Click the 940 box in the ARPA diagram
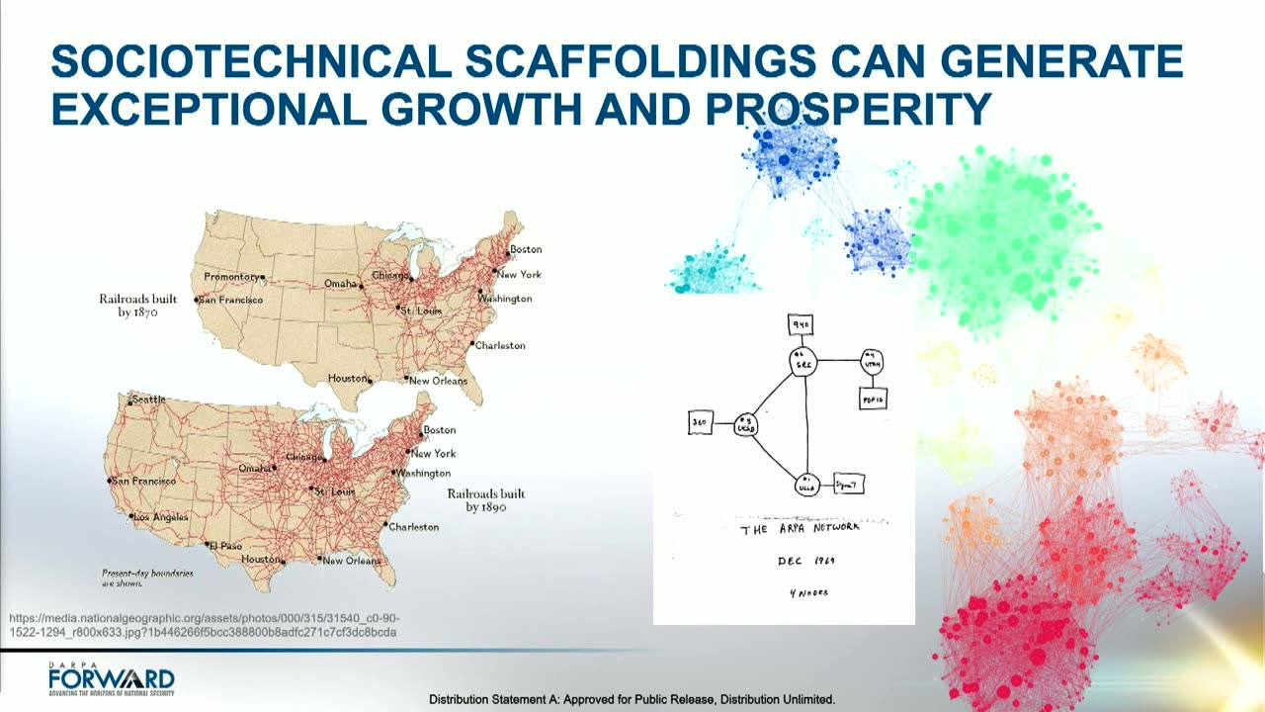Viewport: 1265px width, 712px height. pyautogui.click(x=801, y=323)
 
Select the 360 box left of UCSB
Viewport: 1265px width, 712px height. pyautogui.click(x=700, y=423)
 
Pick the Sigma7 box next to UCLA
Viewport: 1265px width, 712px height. pyautogui.click(x=849, y=484)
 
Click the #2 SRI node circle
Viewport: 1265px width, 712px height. pyautogui.click(x=802, y=362)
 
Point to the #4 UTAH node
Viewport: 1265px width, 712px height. pyautogui.click(x=871, y=361)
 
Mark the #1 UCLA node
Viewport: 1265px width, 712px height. pyautogui.click(x=807, y=485)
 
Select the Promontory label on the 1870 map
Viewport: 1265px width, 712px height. pyautogui.click(x=231, y=277)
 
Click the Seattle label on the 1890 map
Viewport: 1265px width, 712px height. pyautogui.click(x=148, y=400)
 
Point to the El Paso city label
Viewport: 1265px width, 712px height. pyautogui.click(x=224, y=545)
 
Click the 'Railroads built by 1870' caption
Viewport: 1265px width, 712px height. pyautogui.click(x=138, y=305)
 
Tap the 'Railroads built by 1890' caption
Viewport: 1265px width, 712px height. pyautogui.click(x=486, y=499)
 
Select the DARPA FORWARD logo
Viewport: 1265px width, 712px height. pyautogui.click(x=111, y=679)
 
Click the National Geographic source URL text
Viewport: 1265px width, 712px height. pyautogui.click(x=204, y=624)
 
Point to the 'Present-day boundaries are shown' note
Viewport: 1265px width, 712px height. pyautogui.click(x=147, y=578)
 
